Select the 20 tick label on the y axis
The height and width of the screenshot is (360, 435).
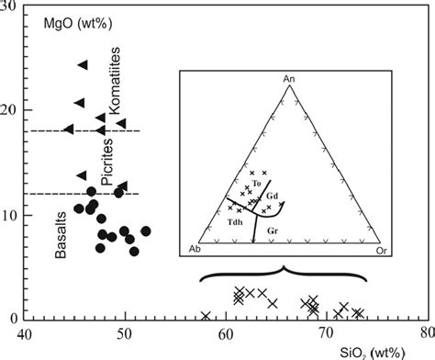[10, 111]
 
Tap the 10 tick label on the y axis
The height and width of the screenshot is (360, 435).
[10, 216]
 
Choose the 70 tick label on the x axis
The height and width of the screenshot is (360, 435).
[324, 334]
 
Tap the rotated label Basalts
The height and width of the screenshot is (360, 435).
[61, 233]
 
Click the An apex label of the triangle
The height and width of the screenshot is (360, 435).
[287, 78]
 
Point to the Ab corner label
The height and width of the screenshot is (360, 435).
[195, 250]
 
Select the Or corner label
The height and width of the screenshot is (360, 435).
[385, 250]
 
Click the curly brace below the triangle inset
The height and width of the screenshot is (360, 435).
[283, 274]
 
